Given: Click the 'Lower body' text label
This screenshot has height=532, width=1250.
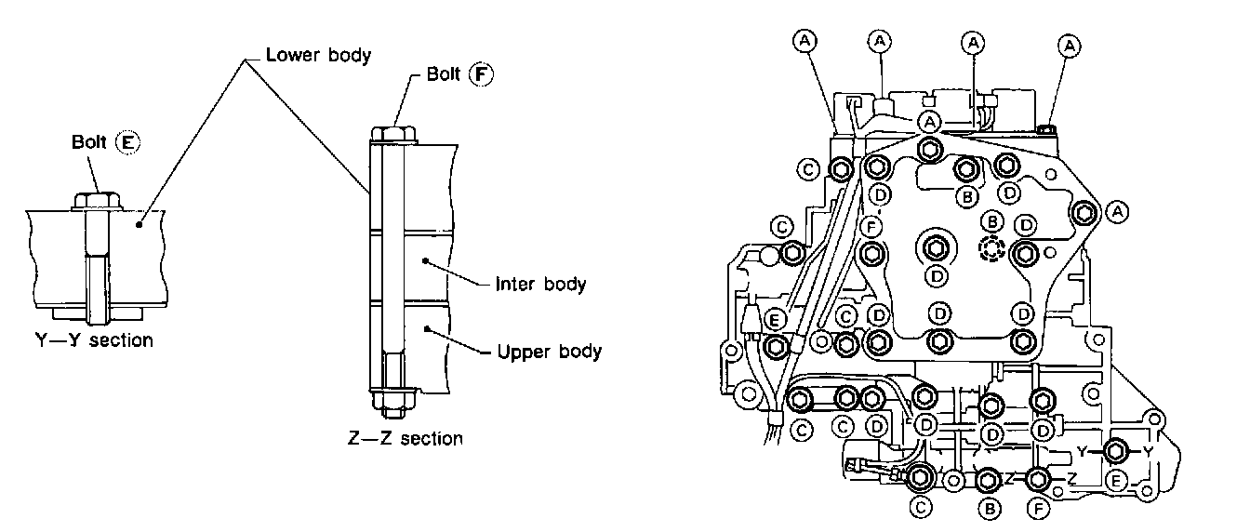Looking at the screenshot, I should [317, 54].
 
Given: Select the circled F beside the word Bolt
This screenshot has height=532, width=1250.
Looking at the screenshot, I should [480, 75].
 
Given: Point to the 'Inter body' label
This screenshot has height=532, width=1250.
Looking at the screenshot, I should [540, 284].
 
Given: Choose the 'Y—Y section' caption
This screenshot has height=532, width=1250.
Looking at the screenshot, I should [88, 340].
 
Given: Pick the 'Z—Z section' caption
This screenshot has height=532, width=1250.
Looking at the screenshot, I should [405, 438].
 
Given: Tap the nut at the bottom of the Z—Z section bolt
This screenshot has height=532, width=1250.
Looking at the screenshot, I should [391, 401].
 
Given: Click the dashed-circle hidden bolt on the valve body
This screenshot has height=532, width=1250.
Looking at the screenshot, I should [992, 249].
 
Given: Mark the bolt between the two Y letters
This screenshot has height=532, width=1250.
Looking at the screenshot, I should [1116, 451].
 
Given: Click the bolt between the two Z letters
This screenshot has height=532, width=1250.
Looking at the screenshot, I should [1039, 479].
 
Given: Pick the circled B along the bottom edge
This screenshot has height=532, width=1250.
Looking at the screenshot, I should [990, 509].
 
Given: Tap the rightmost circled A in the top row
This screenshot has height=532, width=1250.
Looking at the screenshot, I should [1070, 43].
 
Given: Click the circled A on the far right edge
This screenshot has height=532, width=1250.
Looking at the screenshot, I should [1118, 213].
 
